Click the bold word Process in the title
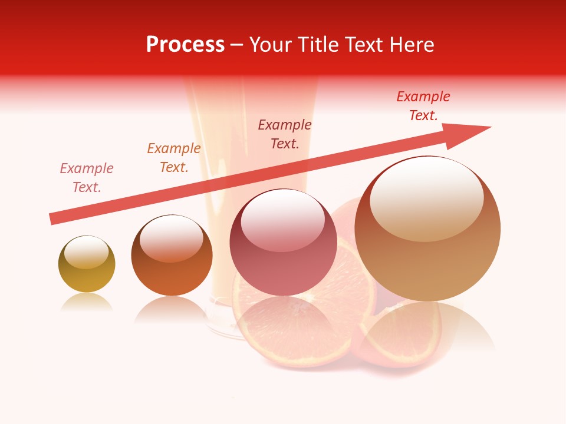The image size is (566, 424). point(185,45)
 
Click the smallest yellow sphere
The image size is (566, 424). point(87,264)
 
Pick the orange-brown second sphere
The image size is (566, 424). point(172,256)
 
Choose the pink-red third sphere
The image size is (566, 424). point(283,243)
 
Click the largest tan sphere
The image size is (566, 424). point(427,228)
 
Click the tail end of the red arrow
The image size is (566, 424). point(53,218)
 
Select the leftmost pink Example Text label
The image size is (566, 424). point(87,178)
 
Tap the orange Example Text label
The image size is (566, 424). point(174,158)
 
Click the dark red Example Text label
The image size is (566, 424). point(285,134)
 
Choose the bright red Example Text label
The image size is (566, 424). point(423,106)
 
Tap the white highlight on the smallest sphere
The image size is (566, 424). point(86,253)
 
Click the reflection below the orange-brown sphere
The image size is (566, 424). point(172,310)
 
